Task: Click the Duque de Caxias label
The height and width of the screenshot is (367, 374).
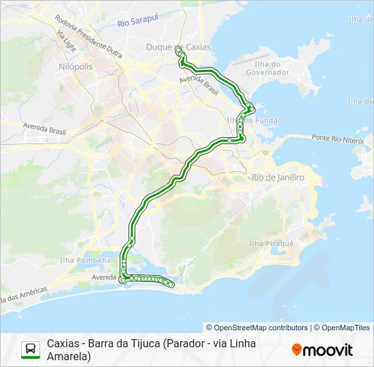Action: [179, 46]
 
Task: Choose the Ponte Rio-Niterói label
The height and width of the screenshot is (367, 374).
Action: [337, 138]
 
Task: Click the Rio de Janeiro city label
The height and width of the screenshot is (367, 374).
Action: [277, 177]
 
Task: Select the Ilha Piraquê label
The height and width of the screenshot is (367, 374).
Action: [271, 243]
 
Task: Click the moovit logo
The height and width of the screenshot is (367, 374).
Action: [322, 350]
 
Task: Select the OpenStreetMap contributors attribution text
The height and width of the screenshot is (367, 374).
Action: [257, 328]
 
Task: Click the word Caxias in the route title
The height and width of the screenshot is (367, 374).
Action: [63, 343]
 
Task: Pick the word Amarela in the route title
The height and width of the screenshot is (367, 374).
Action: [69, 356]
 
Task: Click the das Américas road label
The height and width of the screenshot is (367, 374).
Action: [24, 296]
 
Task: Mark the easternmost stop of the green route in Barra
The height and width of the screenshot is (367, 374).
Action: [172, 285]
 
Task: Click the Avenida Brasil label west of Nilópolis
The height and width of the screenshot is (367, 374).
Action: [47, 126]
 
